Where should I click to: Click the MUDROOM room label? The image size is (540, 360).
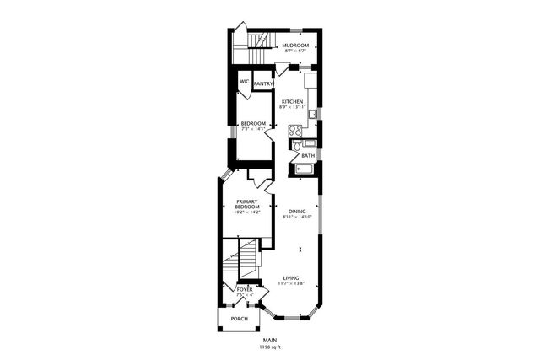point(294,45)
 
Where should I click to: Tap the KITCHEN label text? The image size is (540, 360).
point(291,101)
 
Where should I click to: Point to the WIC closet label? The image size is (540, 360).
point(245,82)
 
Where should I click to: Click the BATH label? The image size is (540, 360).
point(308,156)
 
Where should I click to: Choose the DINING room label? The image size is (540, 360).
point(297,211)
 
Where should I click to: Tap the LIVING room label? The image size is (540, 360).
point(291,277)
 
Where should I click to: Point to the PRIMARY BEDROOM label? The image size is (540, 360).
point(247,204)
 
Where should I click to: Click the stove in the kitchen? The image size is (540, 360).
point(295,130)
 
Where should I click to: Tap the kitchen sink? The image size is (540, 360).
point(311,113)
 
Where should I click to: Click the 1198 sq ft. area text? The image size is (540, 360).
point(270,347)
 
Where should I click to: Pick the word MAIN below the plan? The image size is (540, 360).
point(270,340)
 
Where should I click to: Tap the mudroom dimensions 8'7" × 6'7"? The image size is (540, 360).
point(294,51)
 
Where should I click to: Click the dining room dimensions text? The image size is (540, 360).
point(297,218)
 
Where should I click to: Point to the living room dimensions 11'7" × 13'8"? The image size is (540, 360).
point(291,284)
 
